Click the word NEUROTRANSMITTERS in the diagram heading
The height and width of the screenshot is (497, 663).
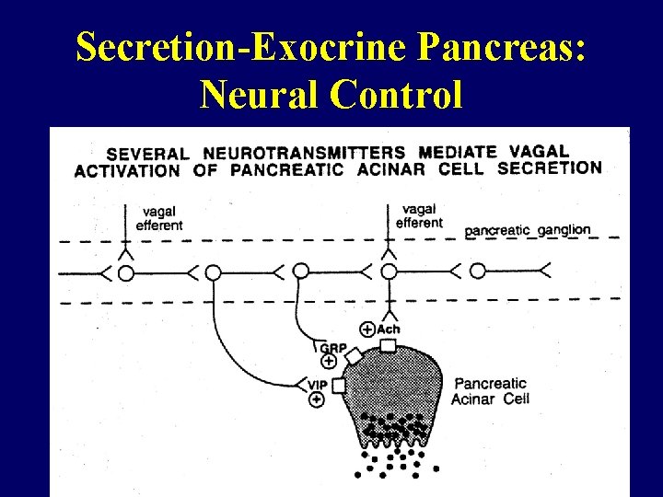[x=304, y=153]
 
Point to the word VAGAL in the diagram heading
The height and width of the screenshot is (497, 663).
[x=539, y=151]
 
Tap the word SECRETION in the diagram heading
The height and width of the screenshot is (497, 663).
[x=549, y=168]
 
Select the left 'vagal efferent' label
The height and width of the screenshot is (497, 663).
[x=159, y=219]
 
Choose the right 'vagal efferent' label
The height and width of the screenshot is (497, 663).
[x=420, y=216]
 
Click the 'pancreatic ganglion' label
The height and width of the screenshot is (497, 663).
[x=528, y=230]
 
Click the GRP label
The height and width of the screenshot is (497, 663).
[x=331, y=348]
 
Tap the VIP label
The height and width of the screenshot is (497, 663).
[x=318, y=385]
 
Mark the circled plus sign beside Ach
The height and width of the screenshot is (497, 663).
[x=367, y=329]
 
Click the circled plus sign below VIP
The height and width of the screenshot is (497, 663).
[x=317, y=399]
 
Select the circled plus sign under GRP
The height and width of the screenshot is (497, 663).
[x=329, y=362]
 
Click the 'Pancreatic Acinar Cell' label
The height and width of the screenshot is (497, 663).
[x=489, y=390]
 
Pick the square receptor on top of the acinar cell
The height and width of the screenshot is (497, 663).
[x=388, y=346]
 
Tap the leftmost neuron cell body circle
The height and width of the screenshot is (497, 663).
[x=126, y=272]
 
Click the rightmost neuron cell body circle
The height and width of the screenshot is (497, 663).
[x=477, y=271]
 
